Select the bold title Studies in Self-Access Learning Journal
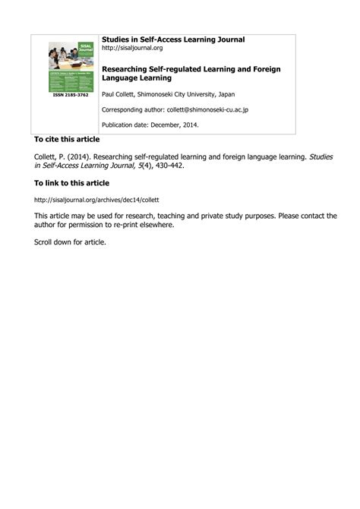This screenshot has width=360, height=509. click(x=173, y=39)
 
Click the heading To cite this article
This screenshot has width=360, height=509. click(x=67, y=141)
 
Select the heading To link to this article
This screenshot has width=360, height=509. click(x=71, y=183)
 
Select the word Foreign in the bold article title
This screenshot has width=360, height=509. click(x=270, y=68)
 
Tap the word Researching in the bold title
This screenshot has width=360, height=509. click(x=126, y=68)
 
